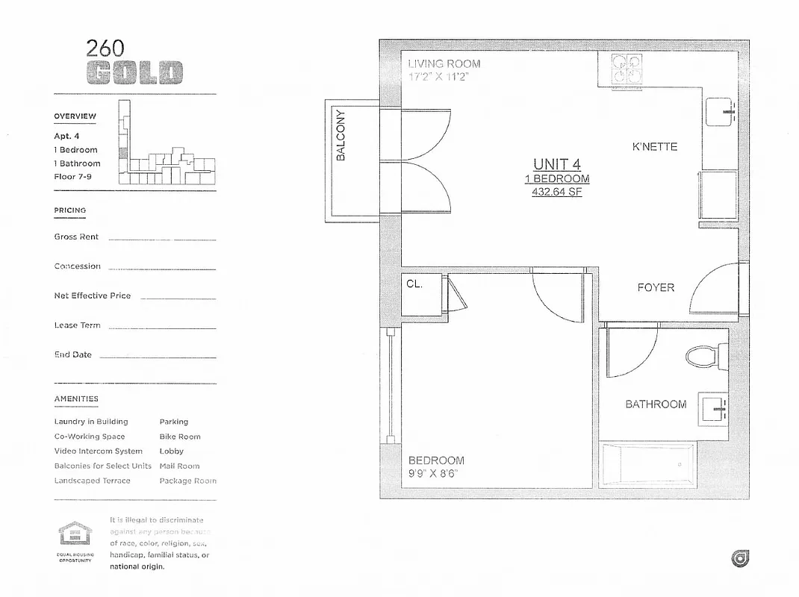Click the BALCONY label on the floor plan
[341, 136]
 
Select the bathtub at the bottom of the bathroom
[648, 464]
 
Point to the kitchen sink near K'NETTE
[722, 112]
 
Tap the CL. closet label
[414, 284]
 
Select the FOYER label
[656, 287]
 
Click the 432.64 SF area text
[556, 192]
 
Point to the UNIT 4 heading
[556, 164]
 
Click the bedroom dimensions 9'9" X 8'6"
[433, 473]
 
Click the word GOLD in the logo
[134, 73]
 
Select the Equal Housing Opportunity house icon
[75, 534]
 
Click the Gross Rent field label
[76, 237]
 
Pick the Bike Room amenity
[180, 437]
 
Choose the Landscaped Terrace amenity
[92, 481]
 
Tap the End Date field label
[72, 354]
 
